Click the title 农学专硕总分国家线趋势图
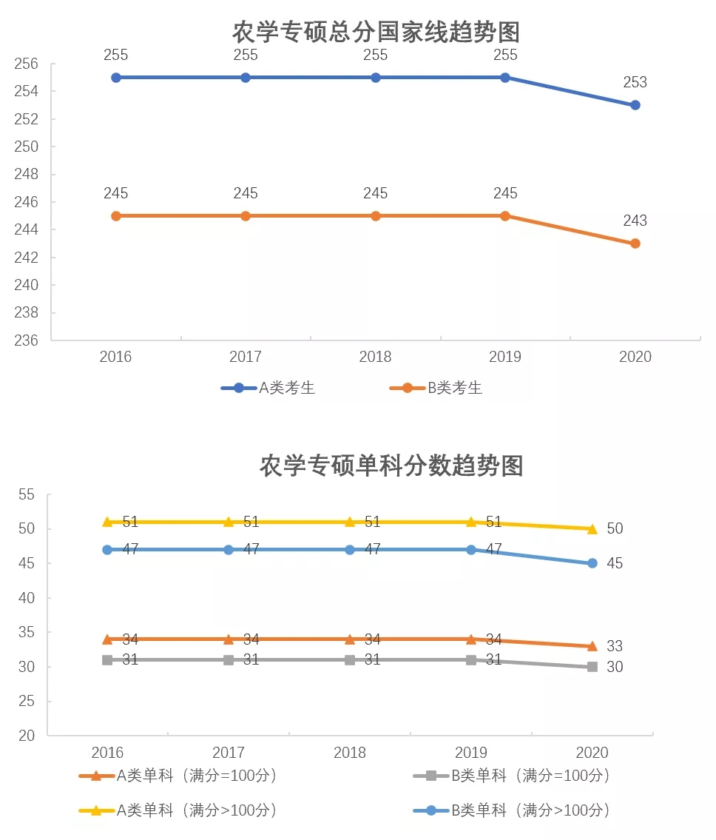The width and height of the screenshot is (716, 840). (376, 33)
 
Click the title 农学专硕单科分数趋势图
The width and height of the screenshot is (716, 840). (391, 466)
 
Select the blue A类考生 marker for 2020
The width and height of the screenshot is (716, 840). (635, 105)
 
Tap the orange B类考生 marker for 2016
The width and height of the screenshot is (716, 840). (115, 216)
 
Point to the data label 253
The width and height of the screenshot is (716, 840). (635, 82)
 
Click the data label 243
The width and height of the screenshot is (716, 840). (635, 221)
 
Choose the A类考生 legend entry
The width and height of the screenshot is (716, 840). (268, 388)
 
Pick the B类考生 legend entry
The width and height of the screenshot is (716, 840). (436, 388)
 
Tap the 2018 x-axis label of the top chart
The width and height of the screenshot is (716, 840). (375, 357)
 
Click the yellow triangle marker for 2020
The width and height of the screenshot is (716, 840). (592, 528)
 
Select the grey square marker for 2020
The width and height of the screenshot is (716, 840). (592, 667)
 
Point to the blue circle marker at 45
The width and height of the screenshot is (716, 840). (592, 563)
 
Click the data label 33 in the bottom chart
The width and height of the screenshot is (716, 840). (615, 647)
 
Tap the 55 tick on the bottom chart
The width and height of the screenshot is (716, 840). (27, 494)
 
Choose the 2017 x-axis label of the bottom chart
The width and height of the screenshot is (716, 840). (229, 753)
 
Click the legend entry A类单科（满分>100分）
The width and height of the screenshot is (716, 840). (179, 810)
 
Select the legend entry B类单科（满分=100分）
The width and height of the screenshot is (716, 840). (513, 776)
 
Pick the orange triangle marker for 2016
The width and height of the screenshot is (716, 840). (107, 639)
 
